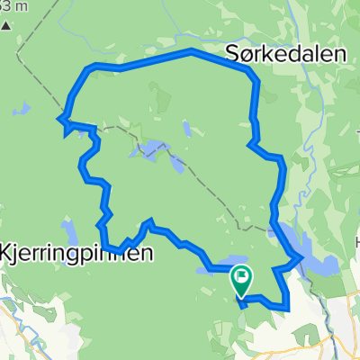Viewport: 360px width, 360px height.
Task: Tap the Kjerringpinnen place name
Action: tap(76, 253)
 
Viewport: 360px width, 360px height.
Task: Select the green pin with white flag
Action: tap(242, 279)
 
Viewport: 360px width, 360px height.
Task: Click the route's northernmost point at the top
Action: tap(191, 51)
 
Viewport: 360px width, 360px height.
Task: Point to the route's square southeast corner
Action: tap(287, 307)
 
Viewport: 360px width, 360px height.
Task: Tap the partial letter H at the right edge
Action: tap(355, 243)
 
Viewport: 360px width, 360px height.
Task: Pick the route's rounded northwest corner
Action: tap(86, 68)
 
